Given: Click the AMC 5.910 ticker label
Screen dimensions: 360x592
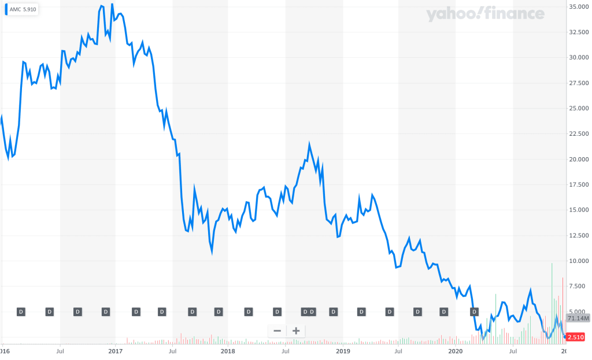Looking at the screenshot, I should point(23,10).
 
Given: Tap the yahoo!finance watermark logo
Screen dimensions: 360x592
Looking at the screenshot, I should point(485,14).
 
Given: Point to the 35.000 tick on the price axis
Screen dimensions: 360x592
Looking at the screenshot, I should point(579,7).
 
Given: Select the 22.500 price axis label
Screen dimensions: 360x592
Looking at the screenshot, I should point(579,133).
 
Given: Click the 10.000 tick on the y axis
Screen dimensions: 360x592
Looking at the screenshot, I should point(579,261).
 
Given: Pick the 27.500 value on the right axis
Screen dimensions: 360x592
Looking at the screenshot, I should point(579,83).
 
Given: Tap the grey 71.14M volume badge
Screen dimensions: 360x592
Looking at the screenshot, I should point(578,318).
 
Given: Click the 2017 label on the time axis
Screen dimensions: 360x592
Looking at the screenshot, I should point(116,351).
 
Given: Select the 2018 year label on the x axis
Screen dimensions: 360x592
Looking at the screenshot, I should point(228,351).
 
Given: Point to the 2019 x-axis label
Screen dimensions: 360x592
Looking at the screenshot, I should point(343,351).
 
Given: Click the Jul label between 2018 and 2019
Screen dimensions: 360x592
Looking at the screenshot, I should point(286,351).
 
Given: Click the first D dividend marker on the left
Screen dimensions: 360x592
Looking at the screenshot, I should point(21,312).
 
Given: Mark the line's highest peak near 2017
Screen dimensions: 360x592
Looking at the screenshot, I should point(112,5).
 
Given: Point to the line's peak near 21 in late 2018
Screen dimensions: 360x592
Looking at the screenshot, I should point(310,144).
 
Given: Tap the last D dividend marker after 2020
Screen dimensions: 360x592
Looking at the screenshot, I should point(474,312).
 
